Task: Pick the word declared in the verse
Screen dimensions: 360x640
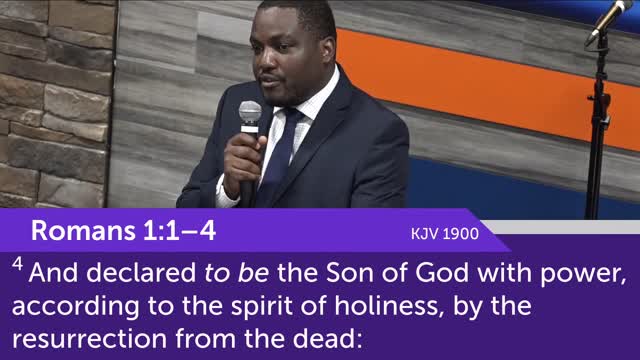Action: click(x=130, y=271)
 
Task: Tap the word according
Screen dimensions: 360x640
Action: click(x=72, y=305)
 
